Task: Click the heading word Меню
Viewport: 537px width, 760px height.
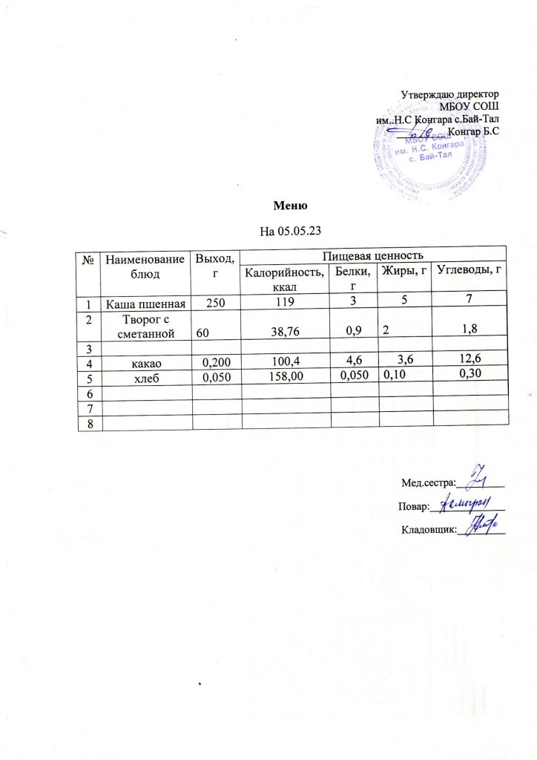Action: (289, 205)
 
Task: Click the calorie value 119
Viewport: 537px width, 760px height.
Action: (284, 302)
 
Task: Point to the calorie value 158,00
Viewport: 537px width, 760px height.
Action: (286, 377)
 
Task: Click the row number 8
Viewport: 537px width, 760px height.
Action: (89, 423)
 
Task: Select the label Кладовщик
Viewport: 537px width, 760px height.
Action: (429, 529)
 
